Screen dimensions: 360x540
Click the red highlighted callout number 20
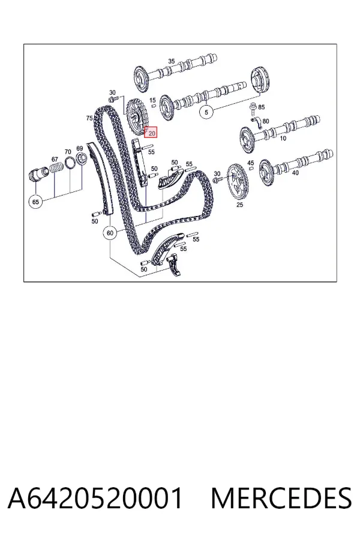pos(151,132)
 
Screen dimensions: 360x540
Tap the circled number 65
pos(36,202)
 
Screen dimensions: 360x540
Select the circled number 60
pos(110,233)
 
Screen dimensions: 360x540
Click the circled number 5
pos(206,112)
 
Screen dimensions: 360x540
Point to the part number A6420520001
pos(95,498)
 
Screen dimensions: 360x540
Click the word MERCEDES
pos(281,498)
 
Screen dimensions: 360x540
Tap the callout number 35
pos(172,61)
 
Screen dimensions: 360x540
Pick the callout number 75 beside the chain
pos(89,118)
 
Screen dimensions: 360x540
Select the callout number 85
pos(262,107)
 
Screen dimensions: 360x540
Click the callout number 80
pos(266,121)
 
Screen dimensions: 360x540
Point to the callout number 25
pos(240,205)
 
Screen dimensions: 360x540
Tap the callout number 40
pos(295,173)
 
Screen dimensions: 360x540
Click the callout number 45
pos(251,163)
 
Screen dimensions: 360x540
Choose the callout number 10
pos(283,139)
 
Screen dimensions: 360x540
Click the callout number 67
pos(55,159)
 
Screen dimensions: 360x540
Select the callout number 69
pos(80,148)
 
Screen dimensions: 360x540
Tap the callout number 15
pos(152,100)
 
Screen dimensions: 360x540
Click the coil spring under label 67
pos(57,169)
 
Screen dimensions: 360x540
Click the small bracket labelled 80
pos(257,122)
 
